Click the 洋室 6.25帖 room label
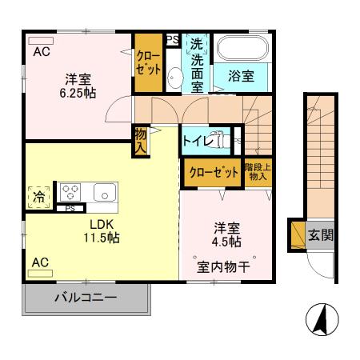(78, 86)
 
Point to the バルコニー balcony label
(86, 298)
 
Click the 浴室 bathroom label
(241, 77)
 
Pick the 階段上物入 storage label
(258, 172)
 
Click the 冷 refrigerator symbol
(38, 194)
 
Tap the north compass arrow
(319, 321)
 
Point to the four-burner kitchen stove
(70, 193)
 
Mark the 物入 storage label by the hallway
(141, 141)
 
